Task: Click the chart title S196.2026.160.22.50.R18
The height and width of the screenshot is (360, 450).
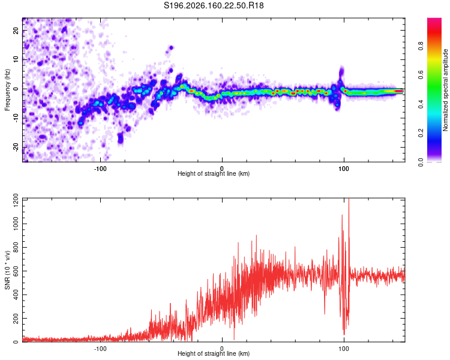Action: coord(214,5)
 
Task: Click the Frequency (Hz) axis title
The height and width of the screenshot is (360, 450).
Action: coord(7,90)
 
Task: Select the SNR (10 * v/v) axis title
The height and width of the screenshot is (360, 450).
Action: coord(7,270)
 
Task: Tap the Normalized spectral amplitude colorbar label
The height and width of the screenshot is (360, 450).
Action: coord(445,90)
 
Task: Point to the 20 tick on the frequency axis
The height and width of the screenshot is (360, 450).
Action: coord(16,30)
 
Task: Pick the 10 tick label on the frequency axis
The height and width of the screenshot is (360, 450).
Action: coord(16,59)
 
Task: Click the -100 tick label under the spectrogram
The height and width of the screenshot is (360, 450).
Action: coord(100,169)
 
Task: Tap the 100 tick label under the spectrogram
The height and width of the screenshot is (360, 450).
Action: coord(344,169)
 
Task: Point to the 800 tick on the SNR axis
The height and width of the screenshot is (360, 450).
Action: coord(16,247)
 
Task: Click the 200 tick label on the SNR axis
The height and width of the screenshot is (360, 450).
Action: coord(16,319)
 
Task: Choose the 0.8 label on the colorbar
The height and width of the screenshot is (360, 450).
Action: coord(421,46)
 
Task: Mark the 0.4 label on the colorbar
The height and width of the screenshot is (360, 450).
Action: coord(421,104)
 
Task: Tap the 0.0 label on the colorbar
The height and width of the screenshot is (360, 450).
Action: coord(421,163)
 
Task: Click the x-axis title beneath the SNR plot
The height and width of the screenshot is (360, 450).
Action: coord(214,353)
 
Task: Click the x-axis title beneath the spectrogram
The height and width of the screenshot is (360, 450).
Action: coord(214,173)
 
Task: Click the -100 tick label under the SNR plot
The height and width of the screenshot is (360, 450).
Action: coord(100,349)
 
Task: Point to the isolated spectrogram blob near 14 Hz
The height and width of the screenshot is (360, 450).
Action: coord(171,47)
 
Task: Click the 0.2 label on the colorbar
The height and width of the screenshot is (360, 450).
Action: coord(421,133)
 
